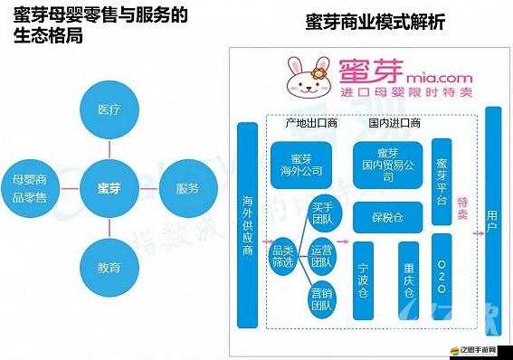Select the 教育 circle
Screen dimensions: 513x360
point(108,268)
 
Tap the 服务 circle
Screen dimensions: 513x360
point(187,188)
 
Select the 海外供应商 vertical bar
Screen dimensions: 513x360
point(247,224)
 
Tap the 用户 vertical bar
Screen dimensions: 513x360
point(493,216)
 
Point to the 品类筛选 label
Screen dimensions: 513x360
point(282,256)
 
